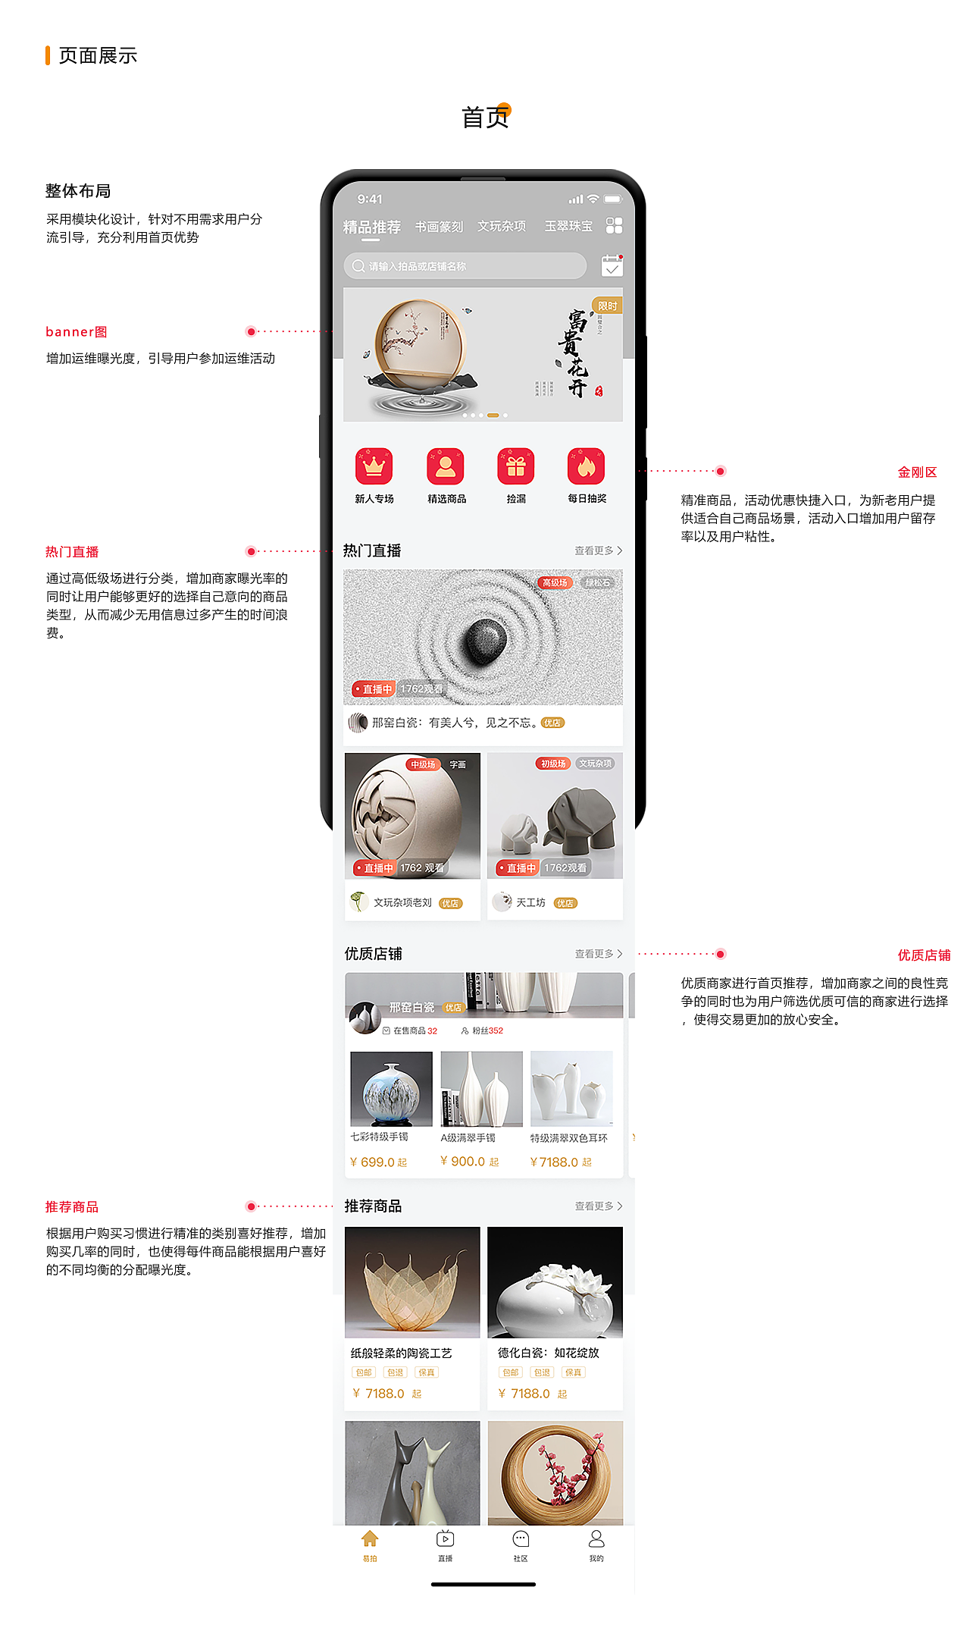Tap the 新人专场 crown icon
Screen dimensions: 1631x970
[x=374, y=466]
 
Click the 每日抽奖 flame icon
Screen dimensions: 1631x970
[x=586, y=466]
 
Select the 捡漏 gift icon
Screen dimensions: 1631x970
[x=515, y=466]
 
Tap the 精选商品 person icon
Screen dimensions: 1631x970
[x=446, y=466]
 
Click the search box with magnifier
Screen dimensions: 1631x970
[x=465, y=266]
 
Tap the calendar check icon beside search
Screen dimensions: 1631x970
[x=612, y=266]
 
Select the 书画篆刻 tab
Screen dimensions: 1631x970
[x=439, y=227]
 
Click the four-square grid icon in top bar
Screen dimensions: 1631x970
[x=614, y=226]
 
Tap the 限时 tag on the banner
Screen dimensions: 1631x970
[x=607, y=306]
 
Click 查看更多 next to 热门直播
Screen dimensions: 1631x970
[x=598, y=550]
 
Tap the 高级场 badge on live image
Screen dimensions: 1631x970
[x=555, y=582]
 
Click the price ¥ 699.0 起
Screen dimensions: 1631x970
[x=378, y=1162]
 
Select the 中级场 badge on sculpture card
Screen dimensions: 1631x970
[x=422, y=764]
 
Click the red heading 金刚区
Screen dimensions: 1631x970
[x=917, y=472]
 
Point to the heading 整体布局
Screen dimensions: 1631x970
[x=78, y=191]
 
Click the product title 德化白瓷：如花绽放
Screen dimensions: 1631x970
[x=548, y=1353]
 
